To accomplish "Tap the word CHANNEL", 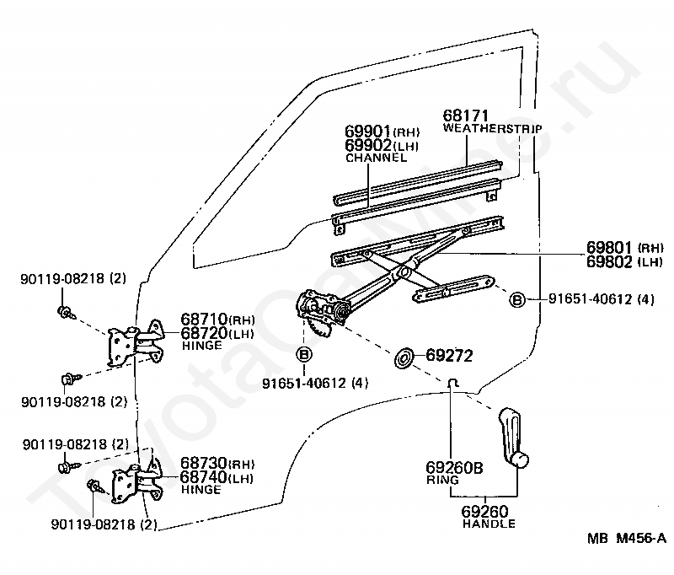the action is pos(376,158).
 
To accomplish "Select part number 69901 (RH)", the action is pos(382,132).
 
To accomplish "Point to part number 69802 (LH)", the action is pos(625,262).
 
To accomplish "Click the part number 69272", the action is pos(449,355).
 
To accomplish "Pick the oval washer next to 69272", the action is pos(404,358).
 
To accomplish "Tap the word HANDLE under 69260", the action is pos(489,524).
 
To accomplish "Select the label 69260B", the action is pos(454,467).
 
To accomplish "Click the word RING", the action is pos(442,480).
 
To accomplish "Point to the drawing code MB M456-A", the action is pos(627,538).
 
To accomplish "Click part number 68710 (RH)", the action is pos(217,319).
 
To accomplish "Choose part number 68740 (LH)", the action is pos(217,477).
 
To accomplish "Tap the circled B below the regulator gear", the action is pos(304,354).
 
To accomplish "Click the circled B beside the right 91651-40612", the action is pos(517,299).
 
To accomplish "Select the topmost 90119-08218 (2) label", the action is pos(73,279).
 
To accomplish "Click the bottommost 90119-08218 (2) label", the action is pos(104,524).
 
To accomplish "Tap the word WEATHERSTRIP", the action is pos(493,128).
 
